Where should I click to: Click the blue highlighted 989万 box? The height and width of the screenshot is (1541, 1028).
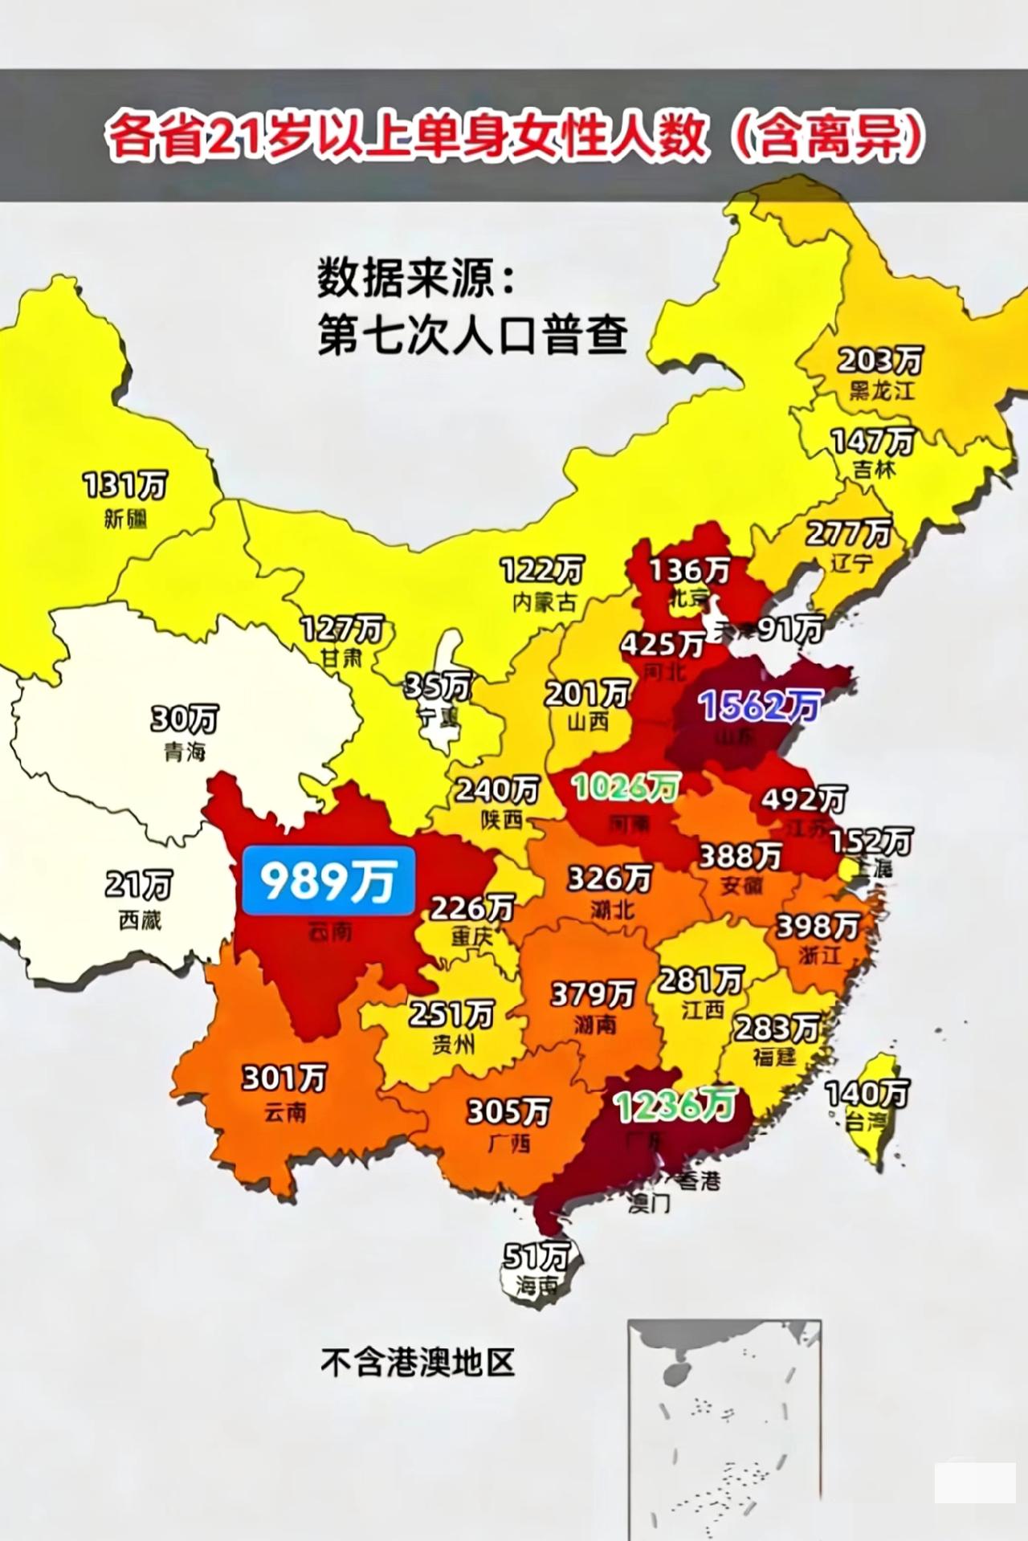click(x=328, y=881)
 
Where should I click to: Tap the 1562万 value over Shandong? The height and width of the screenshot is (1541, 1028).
click(x=759, y=706)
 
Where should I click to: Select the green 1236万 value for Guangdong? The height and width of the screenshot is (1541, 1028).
click(x=675, y=1105)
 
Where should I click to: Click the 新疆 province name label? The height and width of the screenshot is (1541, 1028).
click(x=125, y=520)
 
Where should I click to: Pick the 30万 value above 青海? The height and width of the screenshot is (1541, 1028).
click(x=184, y=718)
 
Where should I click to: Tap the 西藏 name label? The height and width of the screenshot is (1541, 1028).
click(x=140, y=919)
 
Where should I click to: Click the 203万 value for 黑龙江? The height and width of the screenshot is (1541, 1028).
click(x=880, y=361)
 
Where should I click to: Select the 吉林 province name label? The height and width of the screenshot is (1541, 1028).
click(x=873, y=469)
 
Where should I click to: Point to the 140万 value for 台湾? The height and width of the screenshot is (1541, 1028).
click(x=867, y=1093)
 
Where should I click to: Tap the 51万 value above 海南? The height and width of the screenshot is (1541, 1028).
click(x=536, y=1255)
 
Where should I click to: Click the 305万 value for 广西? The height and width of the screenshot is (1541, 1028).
click(x=508, y=1111)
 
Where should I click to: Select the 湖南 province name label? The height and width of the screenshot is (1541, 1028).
click(x=594, y=1025)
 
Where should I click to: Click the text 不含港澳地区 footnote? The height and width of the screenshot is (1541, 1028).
click(x=417, y=1361)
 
